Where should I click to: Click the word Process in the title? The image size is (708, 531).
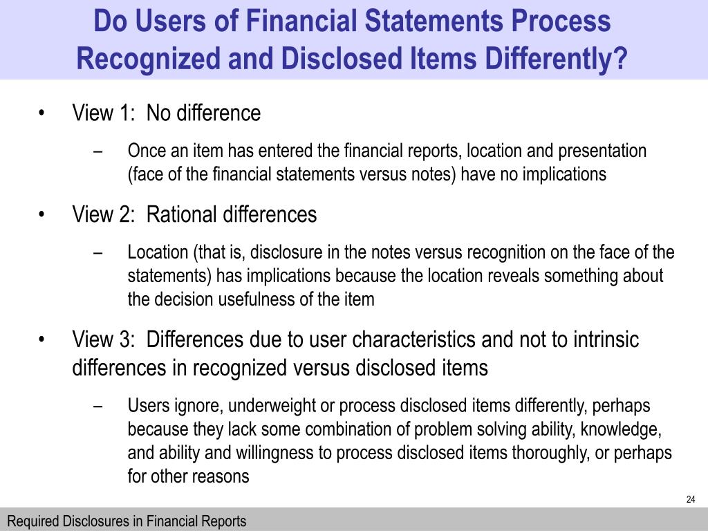point(561,21)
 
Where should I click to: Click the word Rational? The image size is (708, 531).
point(183,215)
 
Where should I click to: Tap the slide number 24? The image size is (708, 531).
point(690,500)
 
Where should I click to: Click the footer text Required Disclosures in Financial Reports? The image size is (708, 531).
point(127,521)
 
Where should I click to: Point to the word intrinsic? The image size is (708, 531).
point(604,340)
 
